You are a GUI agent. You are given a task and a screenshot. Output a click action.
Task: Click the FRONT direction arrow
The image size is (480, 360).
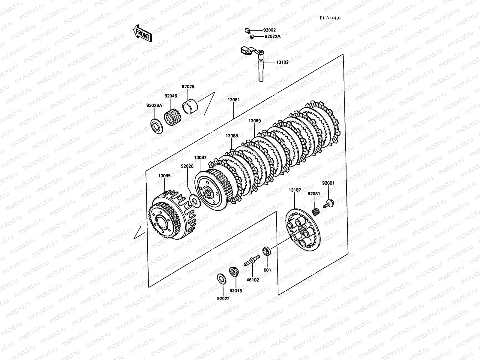click(x=142, y=33)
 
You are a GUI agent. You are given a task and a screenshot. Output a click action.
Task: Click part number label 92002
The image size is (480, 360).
click(x=269, y=30)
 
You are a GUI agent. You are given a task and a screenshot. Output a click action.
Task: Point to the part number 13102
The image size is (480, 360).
click(x=282, y=62)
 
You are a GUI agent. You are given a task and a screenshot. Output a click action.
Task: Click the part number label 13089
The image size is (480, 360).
click(x=254, y=121)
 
